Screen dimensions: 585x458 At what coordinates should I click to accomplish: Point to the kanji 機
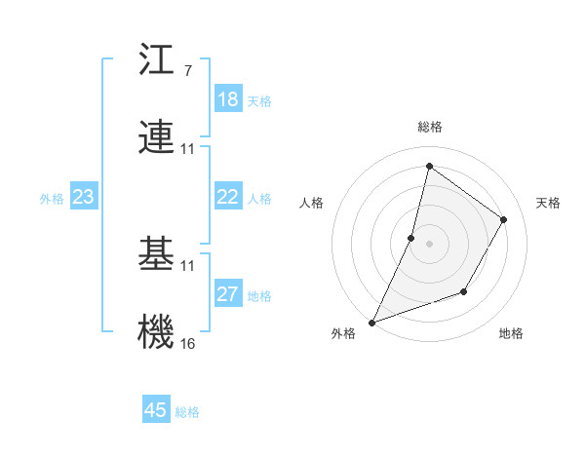(x=156, y=331)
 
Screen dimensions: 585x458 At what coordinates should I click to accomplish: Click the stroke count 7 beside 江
(x=187, y=70)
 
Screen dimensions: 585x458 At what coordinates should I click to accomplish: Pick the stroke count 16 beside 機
(x=187, y=343)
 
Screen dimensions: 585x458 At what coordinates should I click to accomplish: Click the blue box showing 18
(x=228, y=99)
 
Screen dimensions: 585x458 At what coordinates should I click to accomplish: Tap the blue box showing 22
(x=228, y=197)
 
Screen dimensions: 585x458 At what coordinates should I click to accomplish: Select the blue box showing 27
(x=228, y=294)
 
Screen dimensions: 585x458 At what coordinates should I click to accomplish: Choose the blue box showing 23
(x=84, y=197)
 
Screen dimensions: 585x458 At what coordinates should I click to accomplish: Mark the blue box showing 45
(x=156, y=410)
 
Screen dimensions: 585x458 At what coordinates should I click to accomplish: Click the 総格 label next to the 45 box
(x=187, y=412)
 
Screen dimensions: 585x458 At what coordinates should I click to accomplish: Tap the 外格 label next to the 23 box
(x=52, y=199)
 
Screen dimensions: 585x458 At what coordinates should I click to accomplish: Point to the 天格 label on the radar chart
(x=548, y=203)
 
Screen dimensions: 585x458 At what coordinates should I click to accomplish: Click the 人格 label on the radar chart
(x=311, y=203)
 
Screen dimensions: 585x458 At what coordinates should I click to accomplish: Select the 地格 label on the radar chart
(x=511, y=333)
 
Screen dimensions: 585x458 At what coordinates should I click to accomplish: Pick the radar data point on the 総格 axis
(x=429, y=166)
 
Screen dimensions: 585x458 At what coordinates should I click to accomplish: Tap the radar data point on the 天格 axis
(x=504, y=219)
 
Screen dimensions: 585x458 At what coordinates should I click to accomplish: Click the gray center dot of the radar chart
(x=429, y=244)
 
